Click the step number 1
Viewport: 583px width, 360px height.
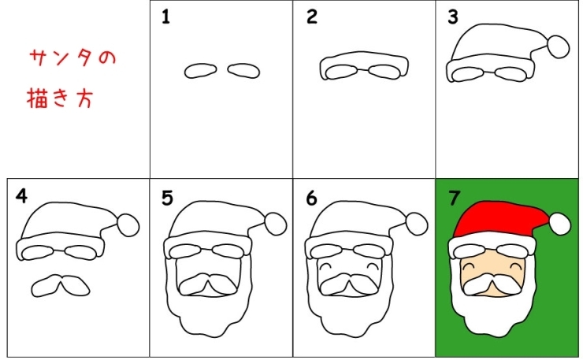(165, 17)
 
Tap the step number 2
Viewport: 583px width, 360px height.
(311, 17)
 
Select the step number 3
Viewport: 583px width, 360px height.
(453, 17)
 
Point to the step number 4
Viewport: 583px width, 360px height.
(21, 196)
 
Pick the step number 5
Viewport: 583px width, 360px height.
(167, 198)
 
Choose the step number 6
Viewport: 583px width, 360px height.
(311, 198)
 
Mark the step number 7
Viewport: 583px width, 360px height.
(455, 198)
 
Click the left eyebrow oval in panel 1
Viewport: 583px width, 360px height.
(200, 71)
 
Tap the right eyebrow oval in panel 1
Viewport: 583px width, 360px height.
(243, 71)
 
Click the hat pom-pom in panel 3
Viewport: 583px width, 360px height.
(558, 46)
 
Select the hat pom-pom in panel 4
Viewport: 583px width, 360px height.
(128, 225)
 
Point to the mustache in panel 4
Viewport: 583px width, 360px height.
(61, 286)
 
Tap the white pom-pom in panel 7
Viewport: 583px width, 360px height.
(560, 224)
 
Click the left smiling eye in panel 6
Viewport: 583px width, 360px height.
(325, 266)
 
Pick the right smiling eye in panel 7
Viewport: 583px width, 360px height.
(517, 266)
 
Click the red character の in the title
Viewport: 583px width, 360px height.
(107, 58)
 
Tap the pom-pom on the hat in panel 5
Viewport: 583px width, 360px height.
(276, 224)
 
